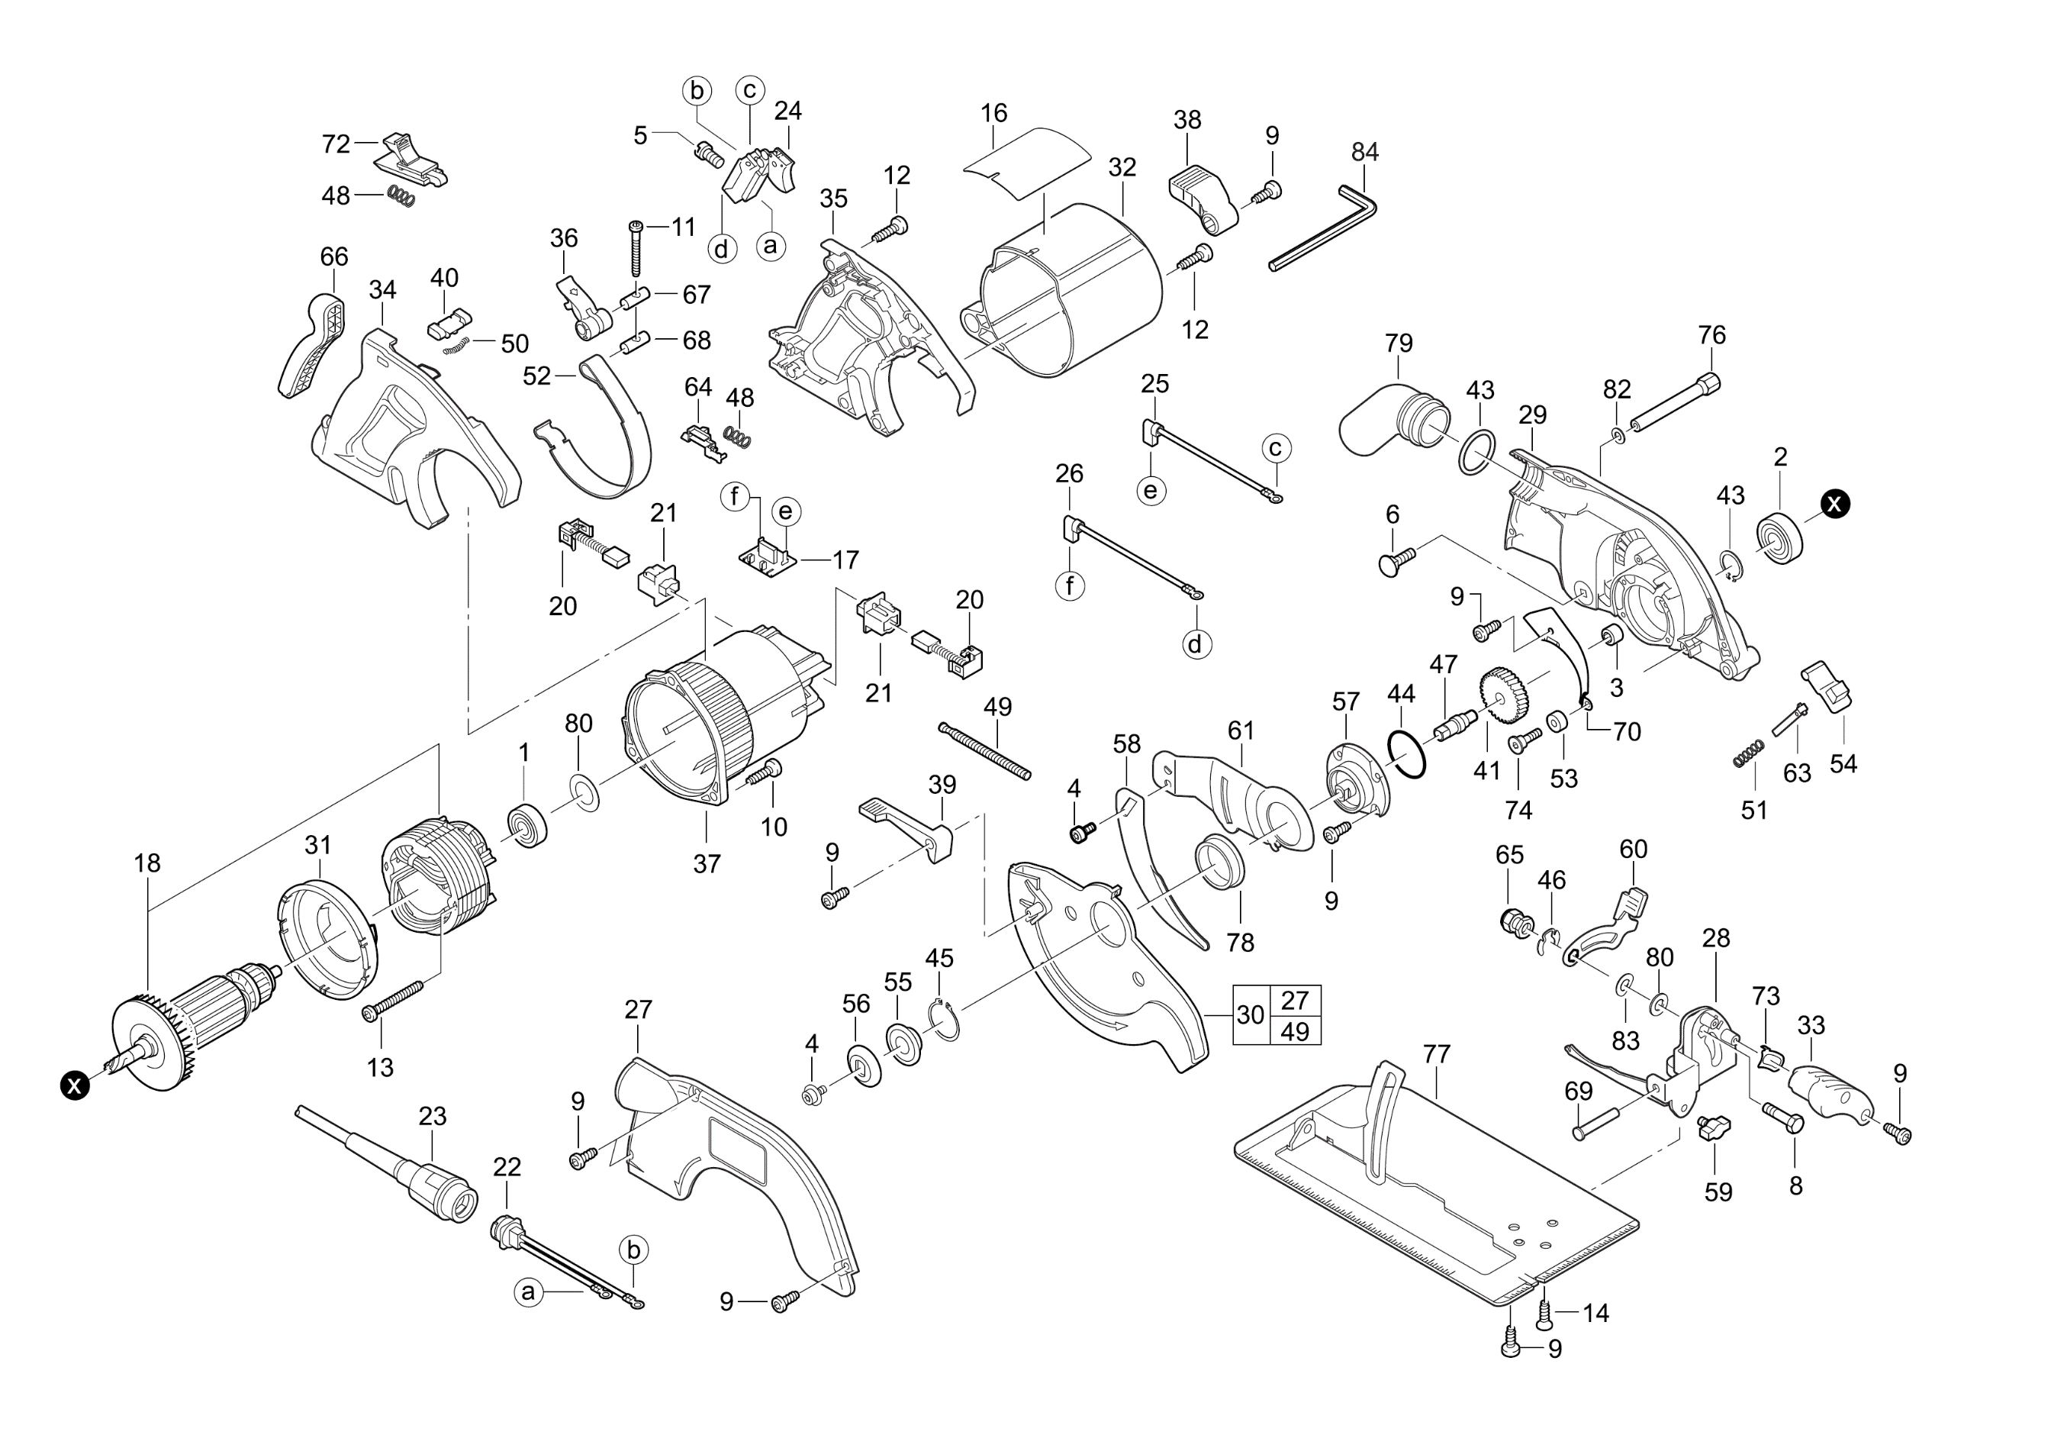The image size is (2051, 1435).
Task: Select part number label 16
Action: point(993,114)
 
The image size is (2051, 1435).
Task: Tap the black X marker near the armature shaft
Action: point(75,1085)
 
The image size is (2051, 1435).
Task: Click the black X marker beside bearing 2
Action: point(1836,504)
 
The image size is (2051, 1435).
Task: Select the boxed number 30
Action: point(1251,1015)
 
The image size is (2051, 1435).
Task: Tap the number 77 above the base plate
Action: point(1437,1054)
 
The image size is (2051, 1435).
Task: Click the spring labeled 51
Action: point(1749,753)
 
